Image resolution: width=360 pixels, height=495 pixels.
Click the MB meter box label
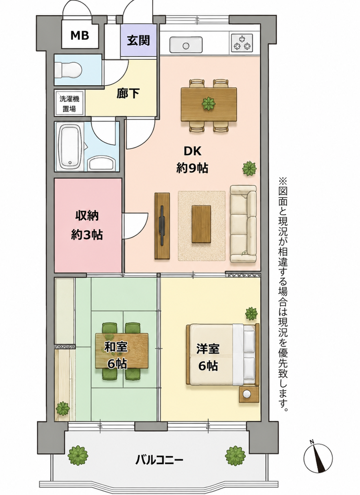click(79, 36)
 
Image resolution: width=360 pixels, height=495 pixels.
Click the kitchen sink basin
click(186, 44)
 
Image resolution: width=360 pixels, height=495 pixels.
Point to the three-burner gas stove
click(242, 43)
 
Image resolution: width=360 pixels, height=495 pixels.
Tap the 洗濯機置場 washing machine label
click(70, 104)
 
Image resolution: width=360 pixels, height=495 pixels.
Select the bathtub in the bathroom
click(71, 147)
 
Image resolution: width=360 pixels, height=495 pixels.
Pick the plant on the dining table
click(208, 104)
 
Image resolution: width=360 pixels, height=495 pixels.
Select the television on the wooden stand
click(162, 225)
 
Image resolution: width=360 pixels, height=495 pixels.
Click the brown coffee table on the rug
click(201, 224)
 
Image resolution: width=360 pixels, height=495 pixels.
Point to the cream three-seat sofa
click(243, 224)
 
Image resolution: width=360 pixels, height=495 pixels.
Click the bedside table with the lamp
click(249, 394)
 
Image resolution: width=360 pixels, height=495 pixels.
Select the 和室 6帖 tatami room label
click(116, 355)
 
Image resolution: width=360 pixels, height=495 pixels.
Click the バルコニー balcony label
click(159, 459)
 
